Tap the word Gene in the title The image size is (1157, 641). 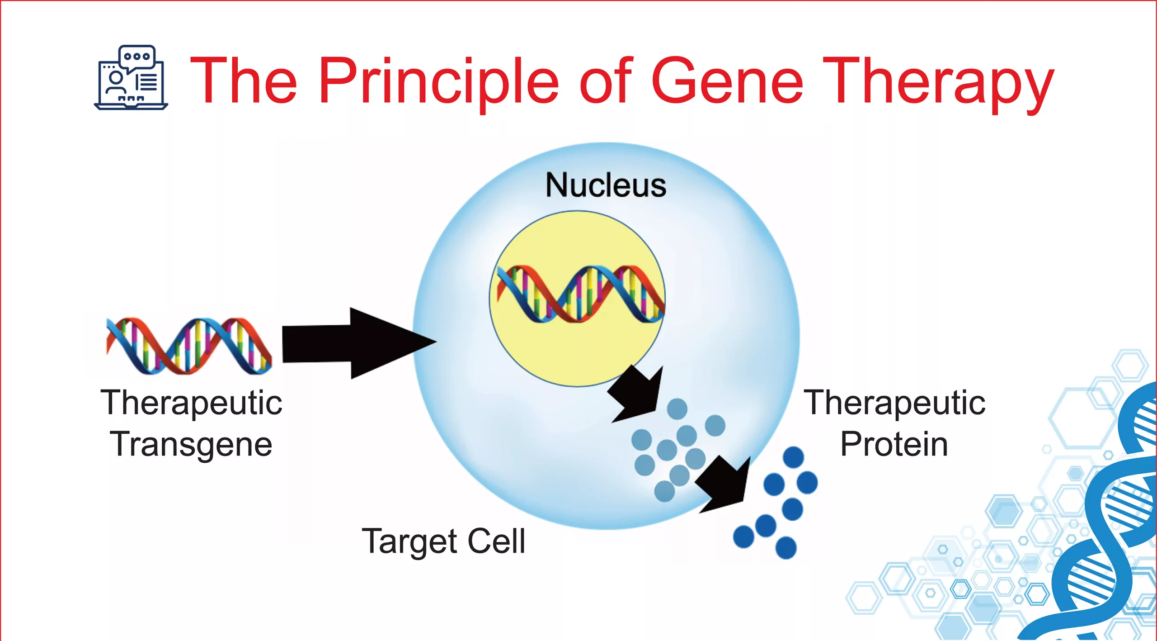click(x=727, y=81)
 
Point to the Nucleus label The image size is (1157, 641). click(x=606, y=185)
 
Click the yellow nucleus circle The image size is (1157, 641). click(x=577, y=353)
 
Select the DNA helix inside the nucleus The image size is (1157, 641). click(x=581, y=294)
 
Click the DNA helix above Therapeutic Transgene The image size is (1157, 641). click(x=189, y=346)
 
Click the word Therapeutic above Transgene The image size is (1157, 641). click(x=191, y=403)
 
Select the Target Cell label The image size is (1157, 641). click(x=443, y=541)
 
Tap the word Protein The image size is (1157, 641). click(x=894, y=445)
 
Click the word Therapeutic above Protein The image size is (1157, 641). click(x=894, y=403)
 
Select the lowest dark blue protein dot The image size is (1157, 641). click(x=785, y=548)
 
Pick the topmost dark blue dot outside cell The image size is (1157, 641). click(x=793, y=457)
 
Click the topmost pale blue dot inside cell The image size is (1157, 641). click(x=677, y=409)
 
